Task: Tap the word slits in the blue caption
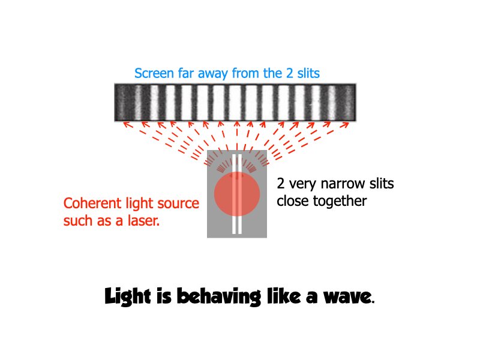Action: point(306,74)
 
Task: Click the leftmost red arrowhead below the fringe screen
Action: point(125,124)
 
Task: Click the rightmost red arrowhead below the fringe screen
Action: point(346,124)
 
